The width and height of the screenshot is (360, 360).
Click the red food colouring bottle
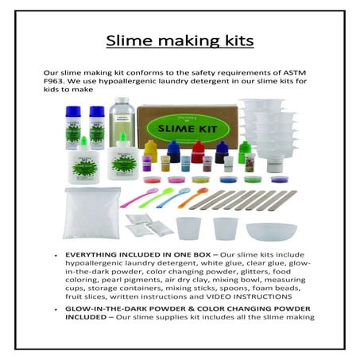[198, 150]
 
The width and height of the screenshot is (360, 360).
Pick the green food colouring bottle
[245, 151]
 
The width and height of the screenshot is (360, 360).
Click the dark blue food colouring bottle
[173, 150]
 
